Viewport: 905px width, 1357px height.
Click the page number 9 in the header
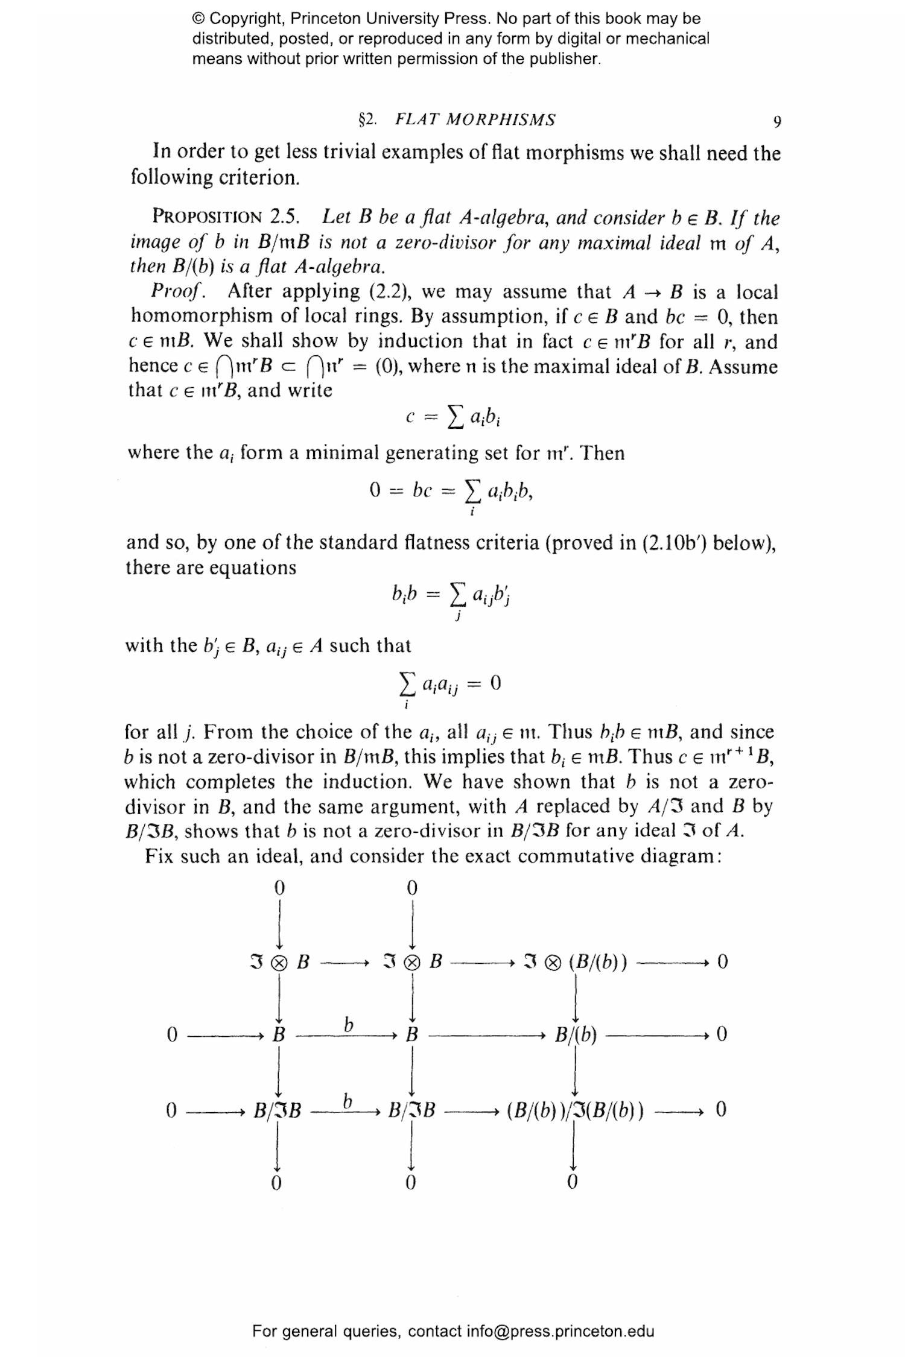(777, 122)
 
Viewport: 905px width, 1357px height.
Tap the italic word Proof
(177, 291)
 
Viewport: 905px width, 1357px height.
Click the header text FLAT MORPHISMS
(475, 119)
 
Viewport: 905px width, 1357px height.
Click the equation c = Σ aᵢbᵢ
(454, 417)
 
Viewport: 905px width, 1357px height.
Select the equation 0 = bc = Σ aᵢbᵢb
(451, 492)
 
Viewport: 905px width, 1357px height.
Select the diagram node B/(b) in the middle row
(576, 1035)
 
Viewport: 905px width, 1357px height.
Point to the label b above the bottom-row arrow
(347, 1100)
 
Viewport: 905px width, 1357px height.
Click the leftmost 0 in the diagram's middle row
(172, 1035)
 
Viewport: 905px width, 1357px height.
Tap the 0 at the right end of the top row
(722, 961)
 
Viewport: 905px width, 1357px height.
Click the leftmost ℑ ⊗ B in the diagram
(279, 961)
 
